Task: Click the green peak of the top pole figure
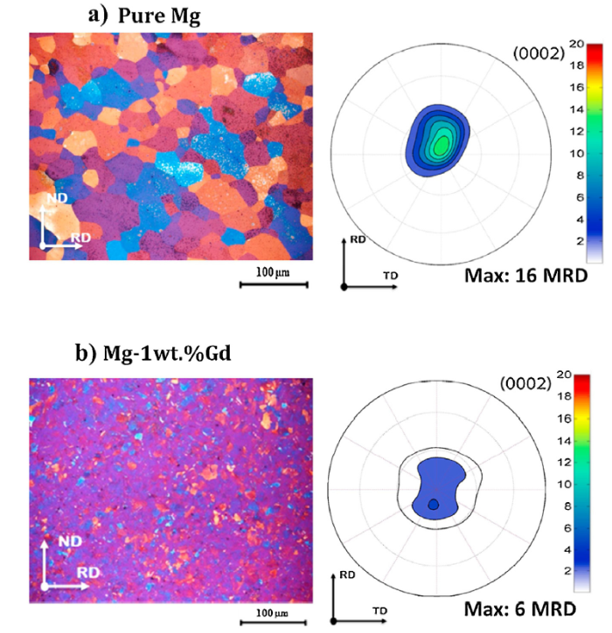[443, 143]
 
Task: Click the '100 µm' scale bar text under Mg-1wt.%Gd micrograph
[265, 606]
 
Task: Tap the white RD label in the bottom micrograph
[87, 572]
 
